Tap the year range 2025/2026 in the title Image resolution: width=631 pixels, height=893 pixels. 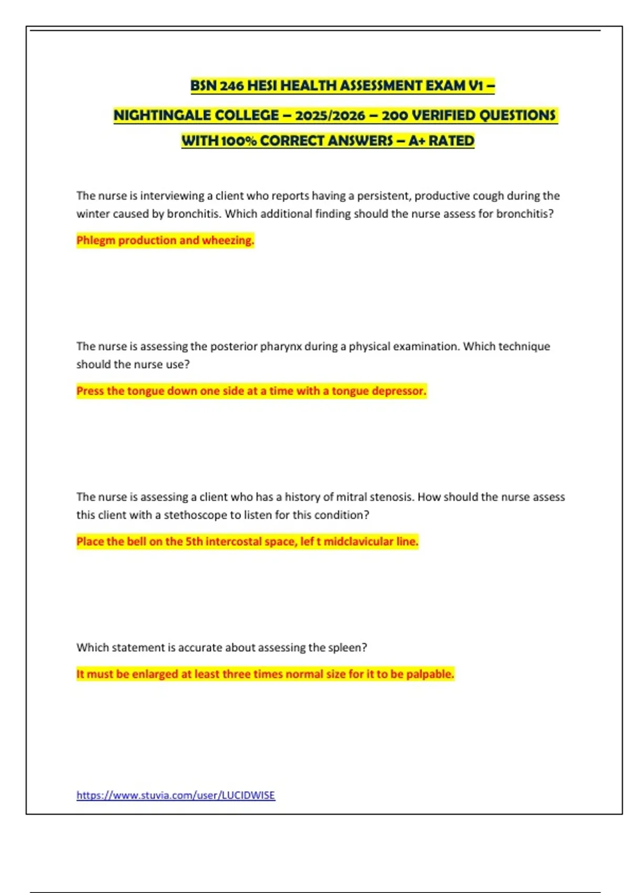click(330, 116)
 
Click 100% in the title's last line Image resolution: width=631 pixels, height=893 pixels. click(239, 141)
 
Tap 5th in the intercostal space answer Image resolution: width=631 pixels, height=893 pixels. click(194, 542)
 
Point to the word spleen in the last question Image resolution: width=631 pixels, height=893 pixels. click(346, 648)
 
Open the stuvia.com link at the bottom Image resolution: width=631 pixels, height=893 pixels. click(176, 795)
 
